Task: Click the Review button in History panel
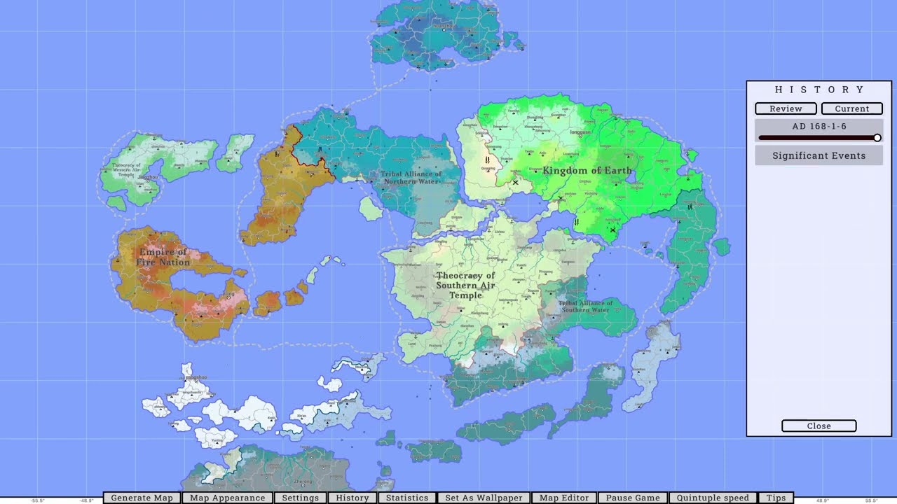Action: tap(786, 108)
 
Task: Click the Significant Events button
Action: tap(819, 155)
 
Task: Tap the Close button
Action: tap(819, 426)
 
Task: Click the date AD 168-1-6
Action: tap(819, 127)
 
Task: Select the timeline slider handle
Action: tap(877, 138)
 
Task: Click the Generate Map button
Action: tap(142, 498)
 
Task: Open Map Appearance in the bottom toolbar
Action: tap(227, 498)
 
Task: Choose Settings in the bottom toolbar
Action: tap(300, 498)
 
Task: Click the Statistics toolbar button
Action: tap(407, 498)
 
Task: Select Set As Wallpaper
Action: tap(484, 498)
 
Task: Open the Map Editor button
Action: tap(564, 498)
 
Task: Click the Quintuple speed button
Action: tap(712, 498)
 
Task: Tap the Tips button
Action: tap(776, 498)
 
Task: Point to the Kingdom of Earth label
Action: tap(587, 170)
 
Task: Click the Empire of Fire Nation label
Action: tap(163, 257)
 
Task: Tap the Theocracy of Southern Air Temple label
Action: tap(465, 286)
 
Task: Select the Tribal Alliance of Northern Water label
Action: tap(411, 178)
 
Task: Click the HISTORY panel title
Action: tap(819, 90)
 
